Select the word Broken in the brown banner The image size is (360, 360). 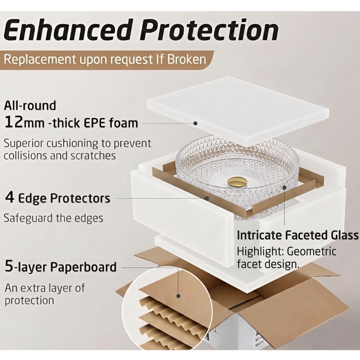[x=186, y=59]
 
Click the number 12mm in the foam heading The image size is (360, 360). [x=25, y=122]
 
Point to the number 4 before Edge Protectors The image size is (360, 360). [x=10, y=197]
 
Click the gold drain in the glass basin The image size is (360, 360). [x=238, y=183]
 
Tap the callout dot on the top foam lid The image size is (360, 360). [x=195, y=123]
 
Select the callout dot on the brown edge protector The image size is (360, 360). [x=207, y=198]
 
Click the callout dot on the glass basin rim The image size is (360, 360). [x=284, y=188]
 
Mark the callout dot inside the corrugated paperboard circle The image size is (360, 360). [x=178, y=296]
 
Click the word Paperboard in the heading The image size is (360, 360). [x=83, y=267]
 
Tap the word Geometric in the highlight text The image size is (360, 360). [x=312, y=251]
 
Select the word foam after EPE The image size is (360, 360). [x=123, y=123]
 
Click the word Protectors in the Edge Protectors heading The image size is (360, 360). [x=80, y=198]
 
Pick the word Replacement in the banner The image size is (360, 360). [x=40, y=59]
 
